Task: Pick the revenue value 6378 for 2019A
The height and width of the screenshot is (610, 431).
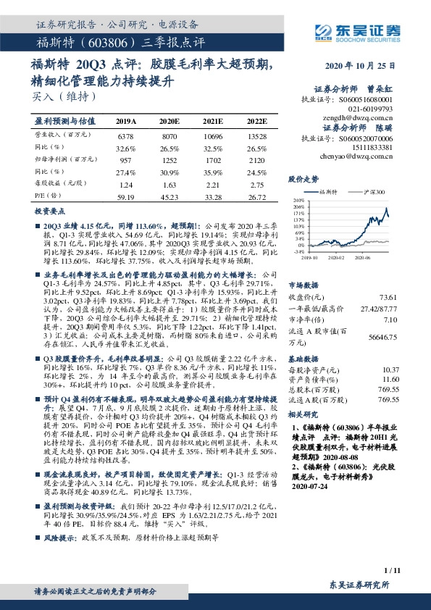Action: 125,135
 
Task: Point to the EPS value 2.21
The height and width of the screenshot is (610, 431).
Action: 212,185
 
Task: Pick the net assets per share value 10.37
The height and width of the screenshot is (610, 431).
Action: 390,369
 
